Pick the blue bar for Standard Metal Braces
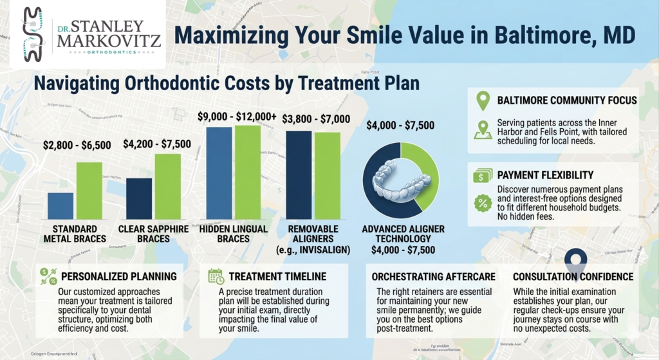[x=60, y=205]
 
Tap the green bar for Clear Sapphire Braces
[x=167, y=186]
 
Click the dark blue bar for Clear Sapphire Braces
[x=139, y=198]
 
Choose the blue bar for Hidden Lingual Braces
[x=218, y=173]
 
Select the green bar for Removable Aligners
[x=327, y=175]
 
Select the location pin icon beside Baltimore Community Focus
[x=482, y=101]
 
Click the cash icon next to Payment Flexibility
[x=482, y=175]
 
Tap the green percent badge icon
[x=482, y=204]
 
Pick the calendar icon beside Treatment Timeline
[x=216, y=276]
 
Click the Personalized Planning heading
[x=118, y=276]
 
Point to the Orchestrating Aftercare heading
[x=433, y=276]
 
